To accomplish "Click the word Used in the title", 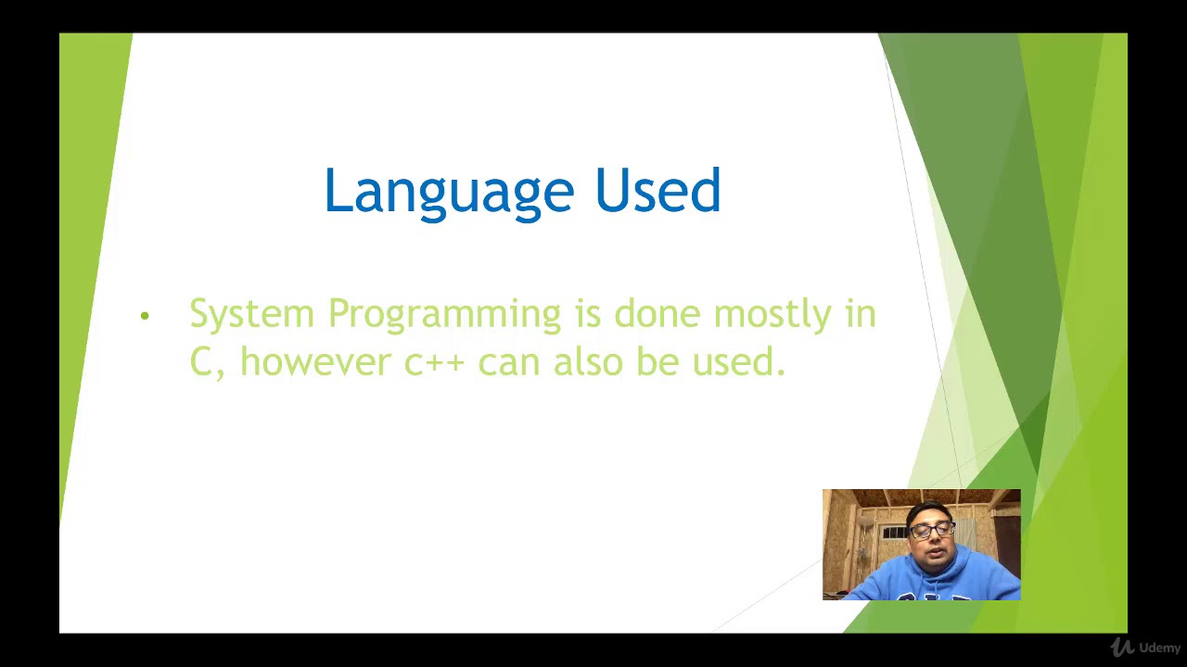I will [x=657, y=191].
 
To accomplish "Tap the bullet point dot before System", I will [x=145, y=317].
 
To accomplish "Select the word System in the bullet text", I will [x=251, y=314].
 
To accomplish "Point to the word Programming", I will [x=444, y=315].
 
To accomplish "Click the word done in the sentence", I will [x=657, y=314].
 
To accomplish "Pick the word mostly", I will [x=772, y=315].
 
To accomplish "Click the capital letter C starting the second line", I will [x=201, y=361].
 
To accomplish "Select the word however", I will [x=315, y=360].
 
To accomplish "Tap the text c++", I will [x=433, y=362].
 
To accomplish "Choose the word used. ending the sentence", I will [x=738, y=361].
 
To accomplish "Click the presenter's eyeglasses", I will [x=931, y=531].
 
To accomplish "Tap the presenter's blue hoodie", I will [x=927, y=579].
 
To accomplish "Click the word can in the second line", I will [x=508, y=361].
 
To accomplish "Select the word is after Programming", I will [x=588, y=314].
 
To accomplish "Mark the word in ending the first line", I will [x=860, y=314].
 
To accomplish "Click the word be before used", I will [x=657, y=360].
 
